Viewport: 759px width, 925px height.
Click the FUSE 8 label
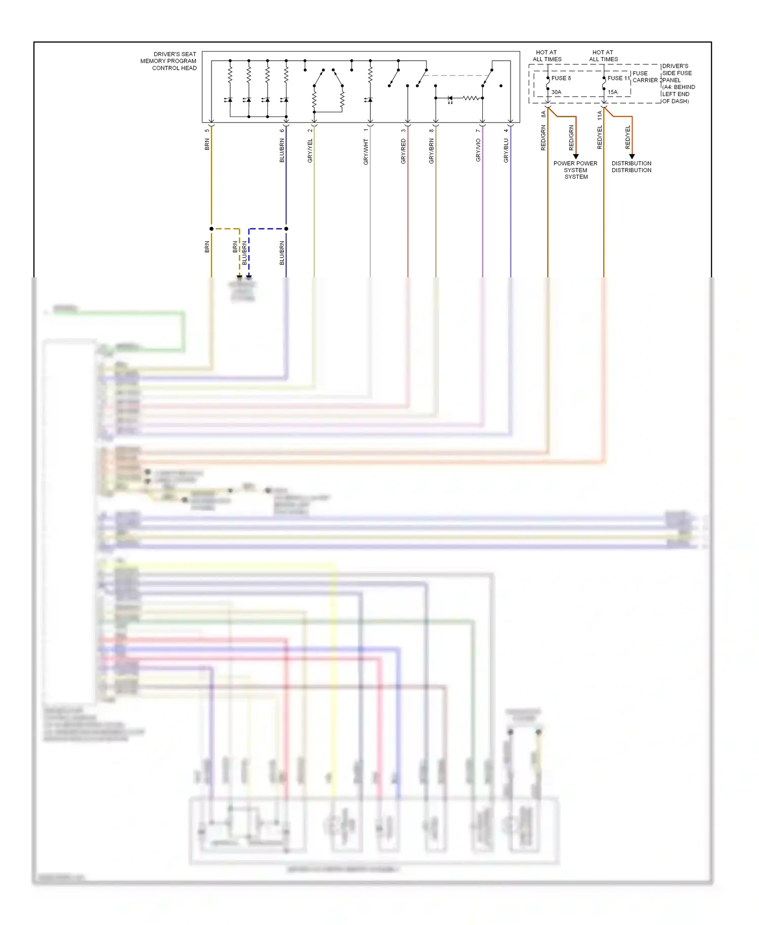coord(561,78)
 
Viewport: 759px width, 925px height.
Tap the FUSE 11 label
coord(618,78)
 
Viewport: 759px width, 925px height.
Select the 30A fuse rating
coord(556,92)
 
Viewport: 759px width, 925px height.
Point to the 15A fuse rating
coord(612,92)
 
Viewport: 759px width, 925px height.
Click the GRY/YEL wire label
coord(310,151)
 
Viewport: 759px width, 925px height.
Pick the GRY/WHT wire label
coord(366,152)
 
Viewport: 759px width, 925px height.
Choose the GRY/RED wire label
coord(403,151)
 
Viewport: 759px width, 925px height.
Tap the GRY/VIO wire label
coord(478,150)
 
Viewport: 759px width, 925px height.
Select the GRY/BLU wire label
coord(506,151)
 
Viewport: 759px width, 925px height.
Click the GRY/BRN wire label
coord(432,151)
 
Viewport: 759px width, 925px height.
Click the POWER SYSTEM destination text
coord(575,170)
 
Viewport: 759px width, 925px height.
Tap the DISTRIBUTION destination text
coord(631,167)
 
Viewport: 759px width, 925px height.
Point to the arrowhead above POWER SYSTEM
coord(576,156)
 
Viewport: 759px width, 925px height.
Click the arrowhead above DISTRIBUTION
coord(632,156)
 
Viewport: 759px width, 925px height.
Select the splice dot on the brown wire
coord(212,229)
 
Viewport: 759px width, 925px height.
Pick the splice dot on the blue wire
coord(286,229)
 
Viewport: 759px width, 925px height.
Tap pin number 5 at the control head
coord(207,131)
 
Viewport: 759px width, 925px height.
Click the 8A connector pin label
coord(543,114)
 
